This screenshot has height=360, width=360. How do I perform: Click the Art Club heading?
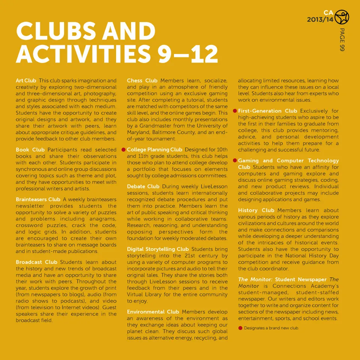click(26, 81)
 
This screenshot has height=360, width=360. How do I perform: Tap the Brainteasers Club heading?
click(38, 199)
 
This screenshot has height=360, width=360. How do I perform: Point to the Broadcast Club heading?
click(36, 262)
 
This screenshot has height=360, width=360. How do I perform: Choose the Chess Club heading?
click(142, 81)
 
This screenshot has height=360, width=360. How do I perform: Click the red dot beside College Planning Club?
click(123, 150)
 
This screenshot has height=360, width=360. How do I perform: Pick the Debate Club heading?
click(143, 186)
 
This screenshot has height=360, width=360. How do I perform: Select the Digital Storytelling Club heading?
click(158, 249)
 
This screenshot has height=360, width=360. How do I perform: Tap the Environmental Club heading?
click(153, 312)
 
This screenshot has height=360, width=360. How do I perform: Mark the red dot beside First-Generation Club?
click(234, 111)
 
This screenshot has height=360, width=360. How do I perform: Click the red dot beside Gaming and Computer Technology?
click(234, 160)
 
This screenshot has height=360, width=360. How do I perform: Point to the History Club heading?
click(256, 210)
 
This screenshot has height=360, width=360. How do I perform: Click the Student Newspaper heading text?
click(301, 279)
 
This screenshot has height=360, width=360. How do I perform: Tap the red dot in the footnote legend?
click(240, 328)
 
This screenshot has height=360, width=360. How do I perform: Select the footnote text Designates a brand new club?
click(271, 328)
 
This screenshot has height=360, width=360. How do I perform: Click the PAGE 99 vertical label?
click(342, 39)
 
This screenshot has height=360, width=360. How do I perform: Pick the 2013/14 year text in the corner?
click(320, 20)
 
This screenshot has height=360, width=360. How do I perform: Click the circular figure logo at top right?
click(341, 17)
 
